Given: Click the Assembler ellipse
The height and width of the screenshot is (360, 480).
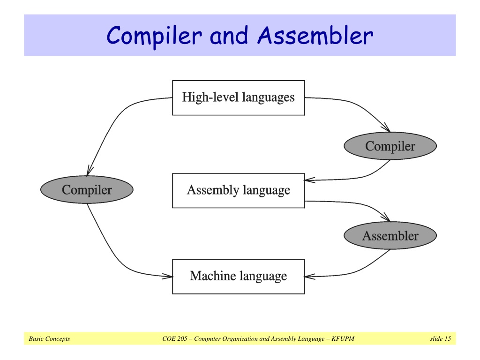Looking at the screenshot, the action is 390,235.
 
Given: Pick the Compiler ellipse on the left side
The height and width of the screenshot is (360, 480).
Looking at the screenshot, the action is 87,189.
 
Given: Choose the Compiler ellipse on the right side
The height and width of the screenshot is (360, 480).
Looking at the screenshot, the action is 390,146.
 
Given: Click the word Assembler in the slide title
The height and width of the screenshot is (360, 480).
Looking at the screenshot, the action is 315,36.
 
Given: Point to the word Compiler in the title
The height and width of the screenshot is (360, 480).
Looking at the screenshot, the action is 154,37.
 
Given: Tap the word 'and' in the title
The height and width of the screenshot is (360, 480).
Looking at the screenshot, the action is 229,36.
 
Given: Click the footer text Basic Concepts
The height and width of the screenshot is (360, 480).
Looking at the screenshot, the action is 49,338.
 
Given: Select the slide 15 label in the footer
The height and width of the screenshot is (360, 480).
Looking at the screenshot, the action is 441,338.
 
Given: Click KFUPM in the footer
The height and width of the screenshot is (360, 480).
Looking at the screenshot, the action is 343,338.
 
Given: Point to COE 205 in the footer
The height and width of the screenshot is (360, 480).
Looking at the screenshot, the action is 175,338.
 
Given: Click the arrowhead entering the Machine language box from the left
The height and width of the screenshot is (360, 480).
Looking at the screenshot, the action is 168,276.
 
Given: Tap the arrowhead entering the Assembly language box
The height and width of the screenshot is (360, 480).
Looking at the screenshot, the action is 310,180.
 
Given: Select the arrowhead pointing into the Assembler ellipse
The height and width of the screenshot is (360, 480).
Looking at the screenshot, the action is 386,217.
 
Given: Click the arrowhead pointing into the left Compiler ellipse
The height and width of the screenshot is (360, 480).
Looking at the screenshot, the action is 90,171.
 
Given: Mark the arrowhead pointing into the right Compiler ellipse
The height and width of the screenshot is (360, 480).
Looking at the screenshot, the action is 386,127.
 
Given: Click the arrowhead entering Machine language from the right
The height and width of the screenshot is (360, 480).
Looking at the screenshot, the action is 310,277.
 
